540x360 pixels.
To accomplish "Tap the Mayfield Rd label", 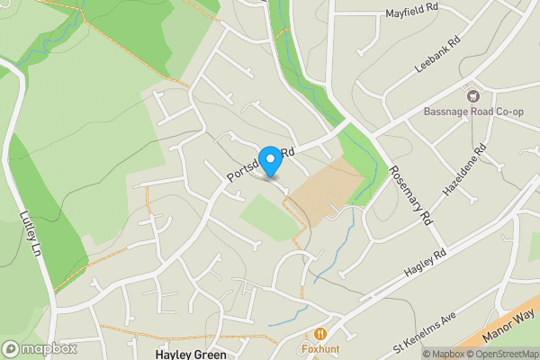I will coord(411,11).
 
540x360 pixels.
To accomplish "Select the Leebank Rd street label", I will coord(437,55).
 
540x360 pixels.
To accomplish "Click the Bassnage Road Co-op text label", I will coord(473,112).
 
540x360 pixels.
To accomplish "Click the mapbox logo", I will coord(40,348).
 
